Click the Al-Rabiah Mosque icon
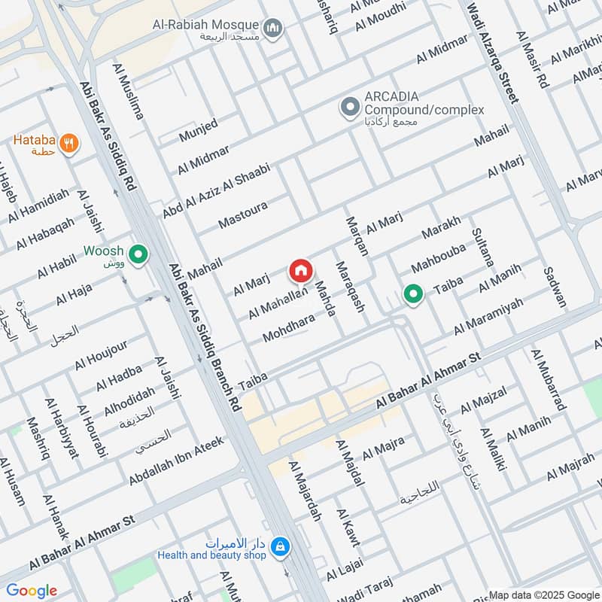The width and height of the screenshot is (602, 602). (275, 28)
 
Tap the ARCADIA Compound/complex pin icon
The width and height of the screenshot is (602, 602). (349, 107)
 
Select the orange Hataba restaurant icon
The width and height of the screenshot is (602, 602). (68, 143)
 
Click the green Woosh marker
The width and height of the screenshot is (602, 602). (138, 256)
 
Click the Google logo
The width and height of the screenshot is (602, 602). (32, 591)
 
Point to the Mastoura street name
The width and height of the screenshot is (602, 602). (243, 213)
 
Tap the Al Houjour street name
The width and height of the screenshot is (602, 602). (101, 355)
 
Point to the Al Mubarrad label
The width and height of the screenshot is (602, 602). (548, 380)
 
